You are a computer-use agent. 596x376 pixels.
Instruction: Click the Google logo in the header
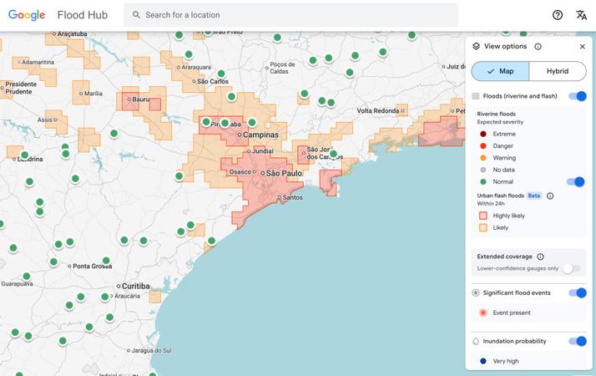click(x=27, y=15)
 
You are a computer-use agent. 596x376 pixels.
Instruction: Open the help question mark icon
click(x=558, y=15)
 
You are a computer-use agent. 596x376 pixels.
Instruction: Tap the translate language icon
click(x=582, y=15)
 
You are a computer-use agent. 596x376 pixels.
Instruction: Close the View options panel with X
click(x=582, y=47)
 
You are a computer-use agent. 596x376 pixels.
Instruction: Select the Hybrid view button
click(x=558, y=71)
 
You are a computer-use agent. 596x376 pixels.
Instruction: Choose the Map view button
click(x=501, y=71)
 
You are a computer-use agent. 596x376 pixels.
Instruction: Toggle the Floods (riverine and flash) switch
click(x=578, y=96)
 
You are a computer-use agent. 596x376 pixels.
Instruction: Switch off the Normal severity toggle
click(x=576, y=181)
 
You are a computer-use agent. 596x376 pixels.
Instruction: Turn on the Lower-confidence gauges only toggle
click(x=571, y=268)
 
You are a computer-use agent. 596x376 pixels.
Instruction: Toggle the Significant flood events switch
click(x=578, y=292)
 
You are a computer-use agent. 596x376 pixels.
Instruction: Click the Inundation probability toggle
click(x=578, y=341)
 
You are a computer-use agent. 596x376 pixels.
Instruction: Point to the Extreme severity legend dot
click(x=483, y=134)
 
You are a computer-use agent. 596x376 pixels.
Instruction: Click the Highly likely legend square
click(x=483, y=216)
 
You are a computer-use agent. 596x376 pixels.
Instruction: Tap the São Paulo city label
click(x=283, y=173)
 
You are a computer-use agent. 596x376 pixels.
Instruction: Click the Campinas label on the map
click(x=260, y=135)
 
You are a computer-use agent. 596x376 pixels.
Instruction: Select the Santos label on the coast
click(x=292, y=198)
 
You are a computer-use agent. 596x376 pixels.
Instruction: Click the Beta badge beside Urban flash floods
click(x=534, y=196)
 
